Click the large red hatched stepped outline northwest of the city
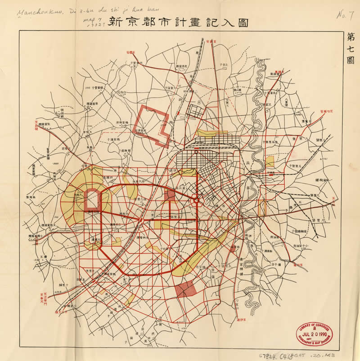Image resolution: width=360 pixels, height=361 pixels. (154, 125)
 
